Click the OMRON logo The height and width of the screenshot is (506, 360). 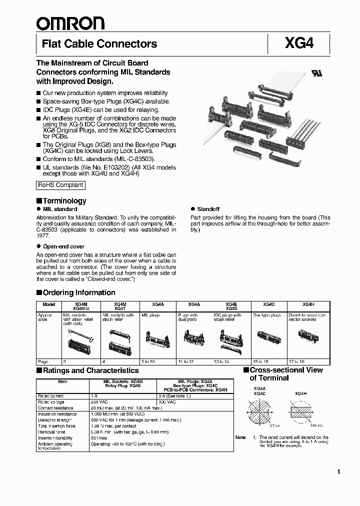click(70, 22)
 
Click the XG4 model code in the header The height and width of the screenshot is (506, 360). click(299, 44)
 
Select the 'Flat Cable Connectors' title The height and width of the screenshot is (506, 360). click(99, 44)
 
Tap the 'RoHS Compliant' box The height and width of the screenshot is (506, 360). click(60, 185)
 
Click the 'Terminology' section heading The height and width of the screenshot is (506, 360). click(64, 200)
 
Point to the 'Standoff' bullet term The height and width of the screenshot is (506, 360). click(208, 209)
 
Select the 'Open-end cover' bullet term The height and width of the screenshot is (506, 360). click(63, 246)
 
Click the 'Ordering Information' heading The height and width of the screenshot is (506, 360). click(78, 292)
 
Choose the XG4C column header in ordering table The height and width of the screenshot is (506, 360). click(268, 304)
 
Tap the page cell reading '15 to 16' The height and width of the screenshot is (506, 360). click(260, 361)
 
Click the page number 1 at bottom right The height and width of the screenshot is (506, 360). click(338, 472)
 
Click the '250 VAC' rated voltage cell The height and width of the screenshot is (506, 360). click(99, 401)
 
